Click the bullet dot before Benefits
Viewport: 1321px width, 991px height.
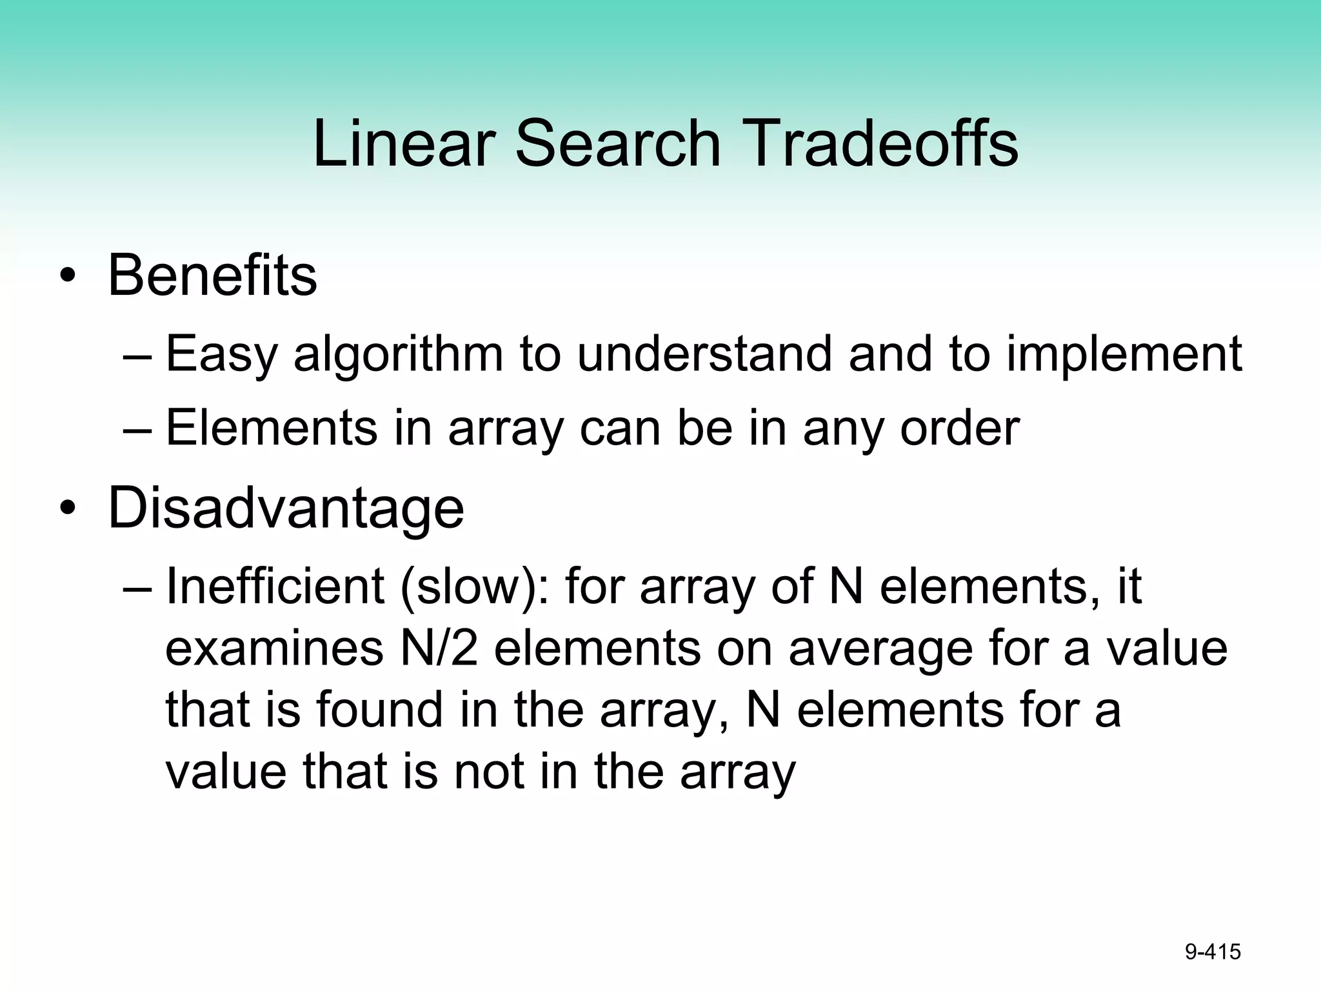(x=67, y=277)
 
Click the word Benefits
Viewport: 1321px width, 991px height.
(x=212, y=276)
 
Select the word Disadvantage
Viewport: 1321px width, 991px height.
(x=286, y=508)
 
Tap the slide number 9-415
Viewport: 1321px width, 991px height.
(x=1213, y=952)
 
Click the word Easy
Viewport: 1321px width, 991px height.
(x=222, y=355)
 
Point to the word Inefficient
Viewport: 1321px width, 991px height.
(x=275, y=586)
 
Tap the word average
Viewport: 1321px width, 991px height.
(x=880, y=650)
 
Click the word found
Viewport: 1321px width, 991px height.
(x=380, y=709)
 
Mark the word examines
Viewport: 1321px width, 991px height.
(x=275, y=648)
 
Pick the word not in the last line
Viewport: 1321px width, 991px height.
(x=489, y=771)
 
